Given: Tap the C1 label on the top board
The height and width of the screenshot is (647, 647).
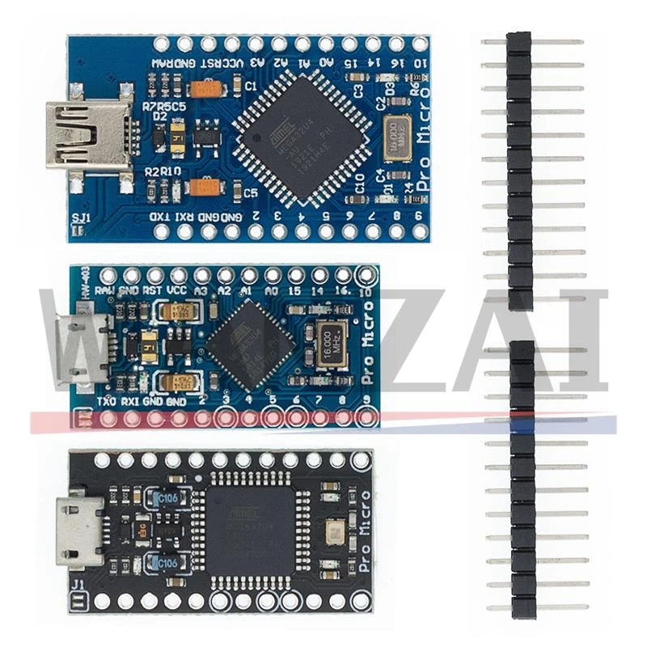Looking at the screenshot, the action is tap(250, 84).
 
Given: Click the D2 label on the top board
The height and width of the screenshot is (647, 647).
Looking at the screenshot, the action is tap(159, 116).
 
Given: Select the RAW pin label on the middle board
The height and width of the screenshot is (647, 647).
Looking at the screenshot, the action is tap(104, 290).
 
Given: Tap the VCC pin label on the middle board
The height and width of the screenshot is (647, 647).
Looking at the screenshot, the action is tap(177, 290).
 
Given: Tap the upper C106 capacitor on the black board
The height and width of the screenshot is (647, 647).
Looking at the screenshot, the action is tap(167, 497).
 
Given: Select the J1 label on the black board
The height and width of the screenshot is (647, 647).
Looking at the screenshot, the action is tap(78, 587).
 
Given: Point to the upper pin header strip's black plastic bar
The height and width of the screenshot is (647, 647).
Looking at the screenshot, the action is tap(519, 170).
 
